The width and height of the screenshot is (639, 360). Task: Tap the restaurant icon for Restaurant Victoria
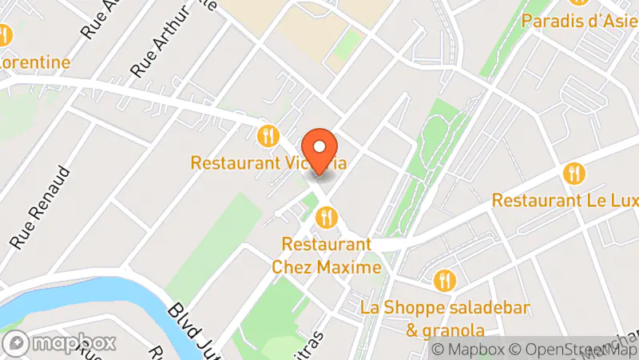(268, 136)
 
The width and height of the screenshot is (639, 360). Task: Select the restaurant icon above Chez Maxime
(326, 216)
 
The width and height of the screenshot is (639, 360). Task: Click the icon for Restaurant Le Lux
(574, 173)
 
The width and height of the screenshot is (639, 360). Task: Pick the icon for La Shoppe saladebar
(445, 281)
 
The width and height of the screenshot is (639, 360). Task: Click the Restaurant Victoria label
(269, 163)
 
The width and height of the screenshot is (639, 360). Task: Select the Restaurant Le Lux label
(565, 200)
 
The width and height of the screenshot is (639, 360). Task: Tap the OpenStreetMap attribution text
(574, 350)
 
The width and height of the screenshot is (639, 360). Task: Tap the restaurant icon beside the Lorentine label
(4, 35)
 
